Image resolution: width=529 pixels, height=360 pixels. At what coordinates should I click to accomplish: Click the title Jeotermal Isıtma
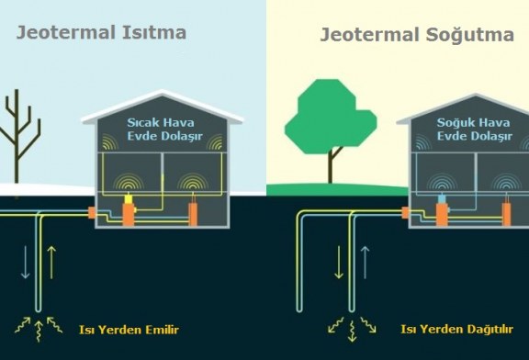102,32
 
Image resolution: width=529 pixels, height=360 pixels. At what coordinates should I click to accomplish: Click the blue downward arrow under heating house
25,261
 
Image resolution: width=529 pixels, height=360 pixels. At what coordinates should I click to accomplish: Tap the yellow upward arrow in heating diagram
51,261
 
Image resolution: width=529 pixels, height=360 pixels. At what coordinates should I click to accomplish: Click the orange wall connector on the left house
92,213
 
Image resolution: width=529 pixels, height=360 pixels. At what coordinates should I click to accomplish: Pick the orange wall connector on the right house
407,213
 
